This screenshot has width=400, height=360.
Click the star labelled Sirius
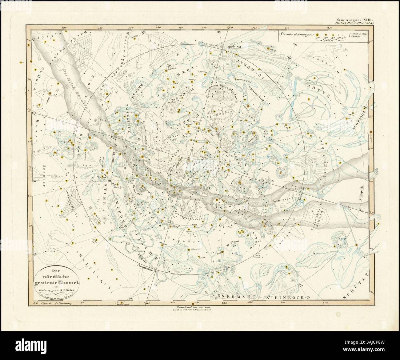pyautogui.click(x=49, y=93)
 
